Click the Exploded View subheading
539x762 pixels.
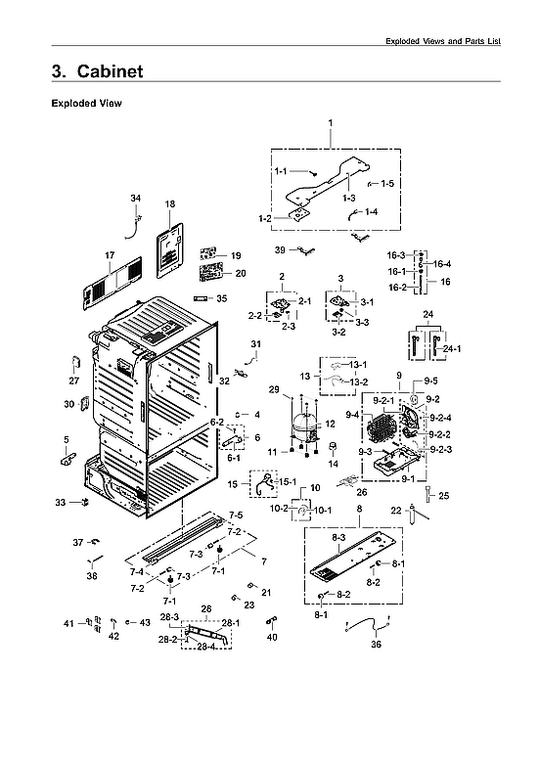[85, 103]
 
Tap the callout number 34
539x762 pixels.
[136, 199]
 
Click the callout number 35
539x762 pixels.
[221, 298]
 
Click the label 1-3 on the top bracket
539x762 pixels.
[348, 198]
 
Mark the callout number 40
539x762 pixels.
[272, 637]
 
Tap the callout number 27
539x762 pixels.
[73, 381]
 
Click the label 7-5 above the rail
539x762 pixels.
[236, 515]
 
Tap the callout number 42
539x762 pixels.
[113, 636]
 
